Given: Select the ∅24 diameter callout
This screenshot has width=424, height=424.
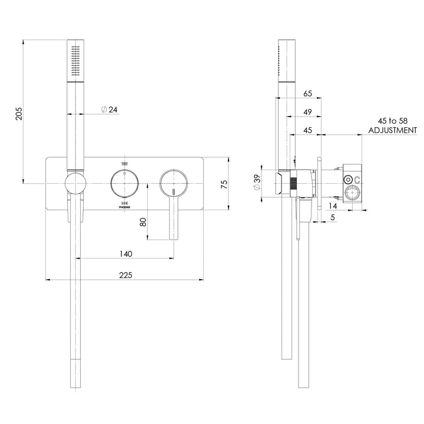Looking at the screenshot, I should tap(110, 110).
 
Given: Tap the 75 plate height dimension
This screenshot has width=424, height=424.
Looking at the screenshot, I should tap(224, 184).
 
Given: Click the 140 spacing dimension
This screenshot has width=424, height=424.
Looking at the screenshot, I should tap(125, 254).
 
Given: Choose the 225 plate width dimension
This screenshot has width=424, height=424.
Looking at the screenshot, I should tap(125, 275).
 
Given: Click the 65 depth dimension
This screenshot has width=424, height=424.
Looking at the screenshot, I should tap(307, 93).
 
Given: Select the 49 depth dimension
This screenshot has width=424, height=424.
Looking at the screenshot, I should tap(307, 112).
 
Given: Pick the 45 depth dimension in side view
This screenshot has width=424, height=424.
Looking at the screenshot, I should tap(307, 131).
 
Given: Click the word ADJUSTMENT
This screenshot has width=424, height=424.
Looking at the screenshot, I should tap(392, 130).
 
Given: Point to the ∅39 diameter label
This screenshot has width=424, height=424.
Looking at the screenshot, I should tap(257, 184).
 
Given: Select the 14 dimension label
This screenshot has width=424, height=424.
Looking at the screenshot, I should tap(333, 206).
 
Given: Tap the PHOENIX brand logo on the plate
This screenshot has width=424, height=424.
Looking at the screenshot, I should tap(124, 207).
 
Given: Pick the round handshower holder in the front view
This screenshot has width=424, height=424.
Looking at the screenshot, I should tap(75, 184).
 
